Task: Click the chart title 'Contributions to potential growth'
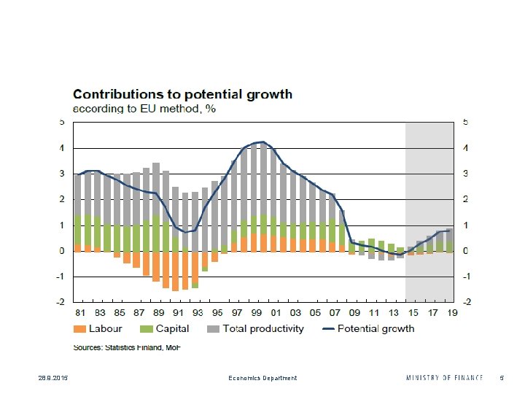click(x=182, y=94)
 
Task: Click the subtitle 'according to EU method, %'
click(x=144, y=108)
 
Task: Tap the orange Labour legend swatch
click(x=80, y=329)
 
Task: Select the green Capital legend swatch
click(x=147, y=329)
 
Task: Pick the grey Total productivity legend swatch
click(x=214, y=329)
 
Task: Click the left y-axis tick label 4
click(x=62, y=148)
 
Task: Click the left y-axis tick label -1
click(x=61, y=277)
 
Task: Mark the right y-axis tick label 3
click(x=465, y=174)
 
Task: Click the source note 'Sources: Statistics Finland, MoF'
click(x=126, y=347)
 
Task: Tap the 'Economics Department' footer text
click(x=262, y=378)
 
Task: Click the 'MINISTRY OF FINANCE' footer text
click(x=444, y=378)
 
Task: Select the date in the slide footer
click(x=33, y=378)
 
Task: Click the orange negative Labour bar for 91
click(x=176, y=271)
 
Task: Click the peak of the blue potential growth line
click(x=262, y=142)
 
